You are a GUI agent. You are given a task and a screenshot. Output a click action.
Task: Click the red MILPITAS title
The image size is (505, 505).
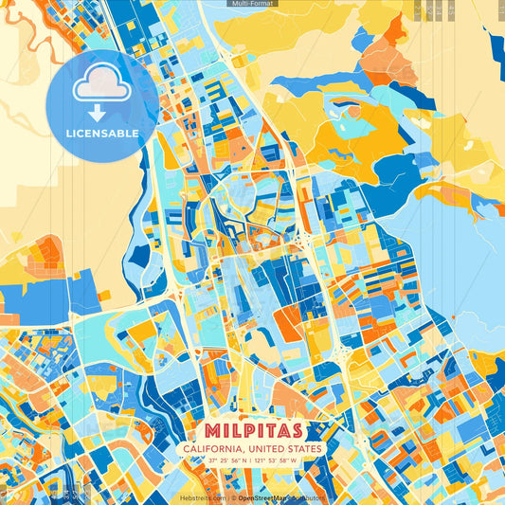click(x=251, y=430)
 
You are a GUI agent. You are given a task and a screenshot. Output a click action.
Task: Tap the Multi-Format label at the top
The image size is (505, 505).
click(x=252, y=4)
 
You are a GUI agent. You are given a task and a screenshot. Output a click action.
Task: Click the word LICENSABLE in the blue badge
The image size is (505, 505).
click(x=102, y=134)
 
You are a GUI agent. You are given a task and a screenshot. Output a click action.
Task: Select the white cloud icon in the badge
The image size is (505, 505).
click(x=102, y=88)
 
